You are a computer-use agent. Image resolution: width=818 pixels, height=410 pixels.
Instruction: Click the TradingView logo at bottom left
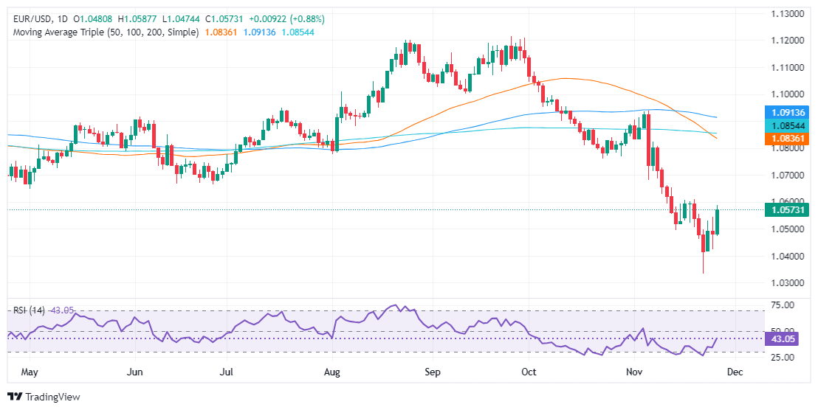[44, 397]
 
